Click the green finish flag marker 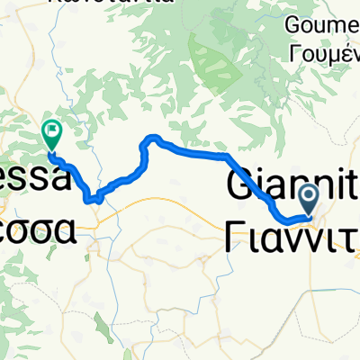(51, 135)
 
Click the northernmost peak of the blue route (153, 138)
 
